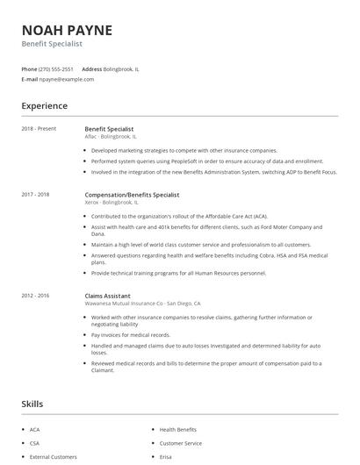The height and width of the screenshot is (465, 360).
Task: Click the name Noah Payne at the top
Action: click(x=67, y=30)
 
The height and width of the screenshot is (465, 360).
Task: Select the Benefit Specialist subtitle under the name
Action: click(x=52, y=43)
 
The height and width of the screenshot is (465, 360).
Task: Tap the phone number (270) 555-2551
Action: click(x=57, y=68)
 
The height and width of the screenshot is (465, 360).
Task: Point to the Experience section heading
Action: click(x=44, y=106)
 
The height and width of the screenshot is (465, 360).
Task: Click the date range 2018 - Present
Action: click(x=39, y=129)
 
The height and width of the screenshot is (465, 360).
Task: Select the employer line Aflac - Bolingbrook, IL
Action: click(x=111, y=137)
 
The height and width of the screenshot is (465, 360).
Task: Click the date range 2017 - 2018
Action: click(x=36, y=194)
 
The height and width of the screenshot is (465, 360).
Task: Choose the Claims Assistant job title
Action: click(x=108, y=296)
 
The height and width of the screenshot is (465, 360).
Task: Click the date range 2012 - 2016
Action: click(x=36, y=296)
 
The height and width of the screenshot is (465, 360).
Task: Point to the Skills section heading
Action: click(x=33, y=404)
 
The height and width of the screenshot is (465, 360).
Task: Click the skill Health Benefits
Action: click(x=178, y=430)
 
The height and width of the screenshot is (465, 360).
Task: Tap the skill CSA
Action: click(x=34, y=444)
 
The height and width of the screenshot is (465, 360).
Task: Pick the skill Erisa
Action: click(x=166, y=457)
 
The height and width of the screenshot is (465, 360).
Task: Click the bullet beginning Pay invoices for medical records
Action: click(x=132, y=335)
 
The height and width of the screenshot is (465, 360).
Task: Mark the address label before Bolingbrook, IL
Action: click(x=92, y=68)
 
